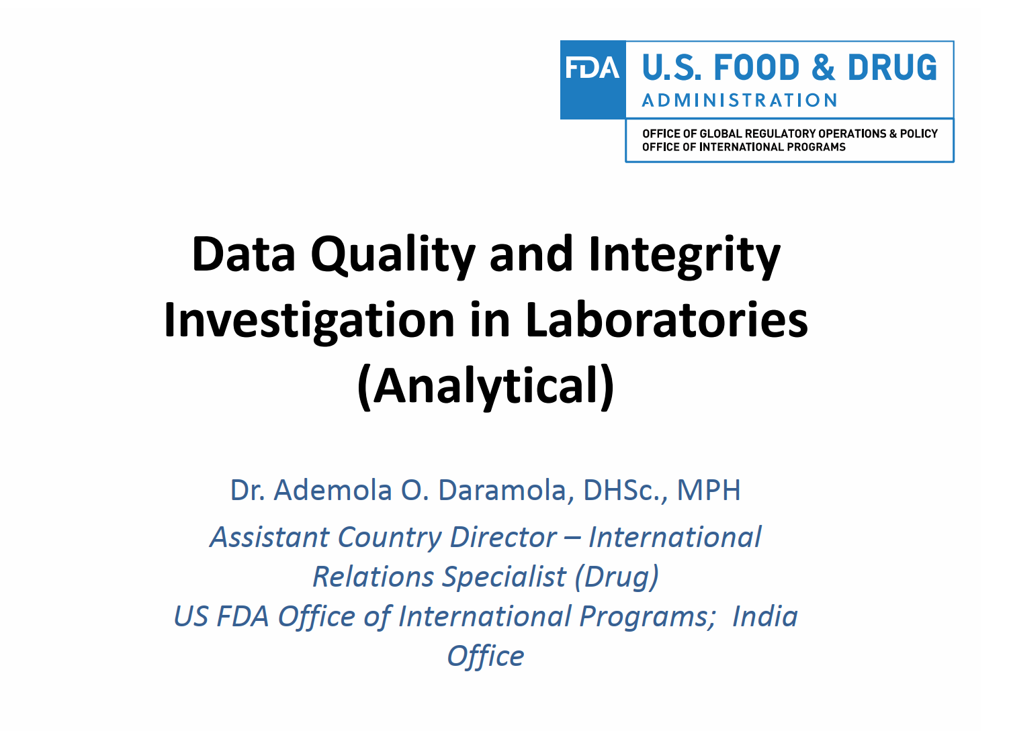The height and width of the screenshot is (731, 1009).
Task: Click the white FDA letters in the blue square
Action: pos(593,68)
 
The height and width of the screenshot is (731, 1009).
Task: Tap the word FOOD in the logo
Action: pos(757,68)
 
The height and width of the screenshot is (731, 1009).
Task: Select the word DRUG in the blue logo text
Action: pos(892,68)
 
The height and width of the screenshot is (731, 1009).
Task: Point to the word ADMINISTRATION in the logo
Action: pos(740,101)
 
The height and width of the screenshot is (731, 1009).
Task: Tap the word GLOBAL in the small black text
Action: pos(721,134)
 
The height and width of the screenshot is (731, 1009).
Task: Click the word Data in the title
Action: pos(243,255)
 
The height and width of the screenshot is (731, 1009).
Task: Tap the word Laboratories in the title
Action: pos(666,320)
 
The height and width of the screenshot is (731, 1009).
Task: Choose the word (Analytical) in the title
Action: pos(486,386)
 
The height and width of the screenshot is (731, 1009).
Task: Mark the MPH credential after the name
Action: pos(708,490)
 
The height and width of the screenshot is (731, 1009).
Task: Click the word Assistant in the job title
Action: pos(270,537)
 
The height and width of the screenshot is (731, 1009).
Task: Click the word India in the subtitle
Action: pos(764,616)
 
